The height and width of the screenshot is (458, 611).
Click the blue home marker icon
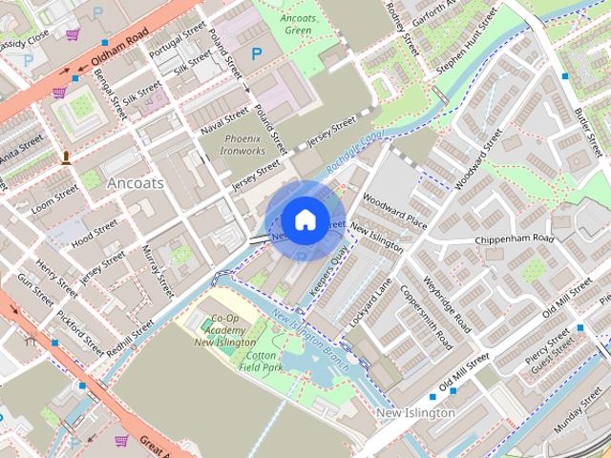(304, 219)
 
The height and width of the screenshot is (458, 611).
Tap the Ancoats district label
(136, 182)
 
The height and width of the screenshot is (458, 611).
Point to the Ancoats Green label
(298, 23)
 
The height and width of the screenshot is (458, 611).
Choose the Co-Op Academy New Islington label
(224, 330)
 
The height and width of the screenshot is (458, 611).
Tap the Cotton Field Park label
(260, 360)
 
